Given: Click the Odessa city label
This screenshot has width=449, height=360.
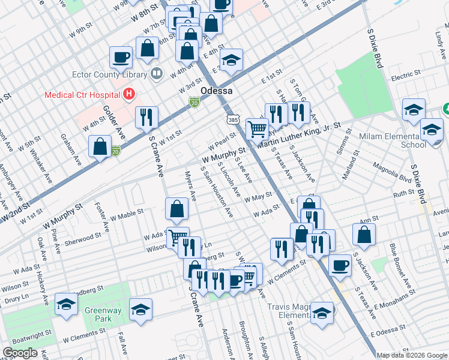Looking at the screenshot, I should point(215,90).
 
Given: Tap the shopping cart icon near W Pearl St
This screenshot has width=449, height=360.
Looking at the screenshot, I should point(257,128).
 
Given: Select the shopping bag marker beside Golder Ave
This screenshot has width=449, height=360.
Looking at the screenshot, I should point(100,145).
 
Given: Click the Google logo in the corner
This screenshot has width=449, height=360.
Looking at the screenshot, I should point(19,353).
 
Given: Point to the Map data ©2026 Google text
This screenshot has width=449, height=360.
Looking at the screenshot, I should point(412,355).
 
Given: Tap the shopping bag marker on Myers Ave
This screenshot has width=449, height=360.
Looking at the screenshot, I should point(177,209).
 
